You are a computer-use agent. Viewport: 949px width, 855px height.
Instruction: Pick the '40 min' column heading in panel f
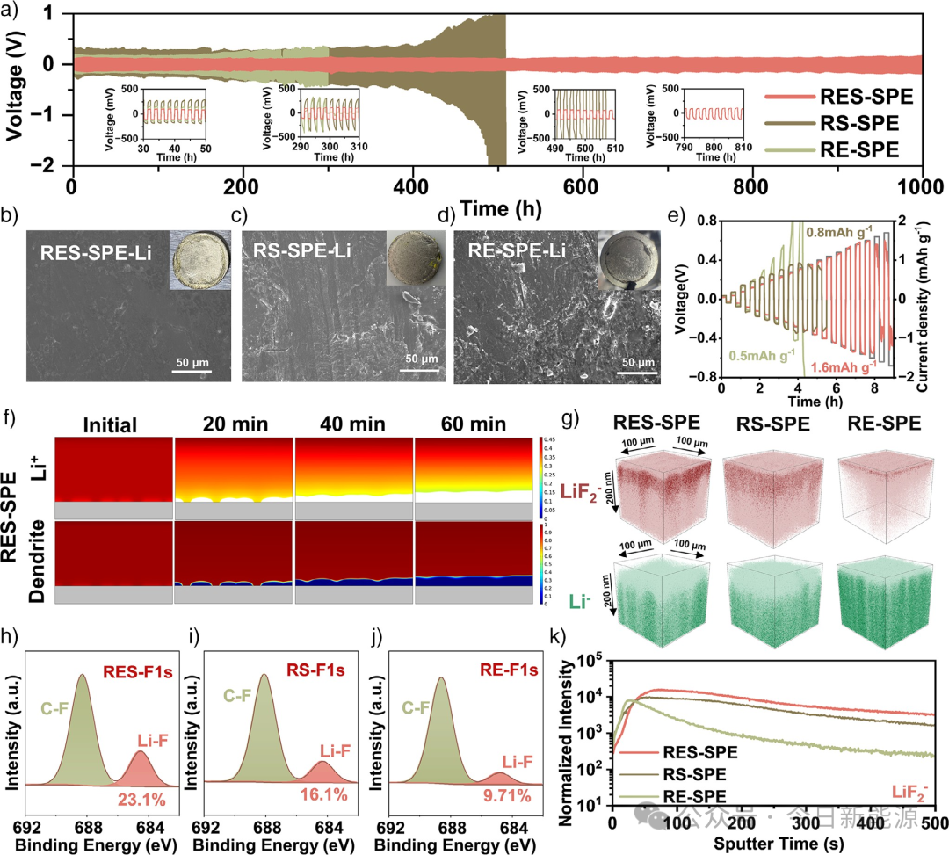(x=353, y=426)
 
